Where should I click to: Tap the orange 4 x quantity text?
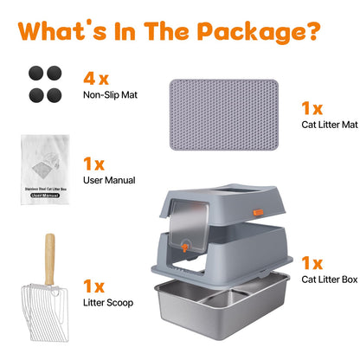click(96, 80)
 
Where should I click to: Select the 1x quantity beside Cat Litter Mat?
click(312, 109)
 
